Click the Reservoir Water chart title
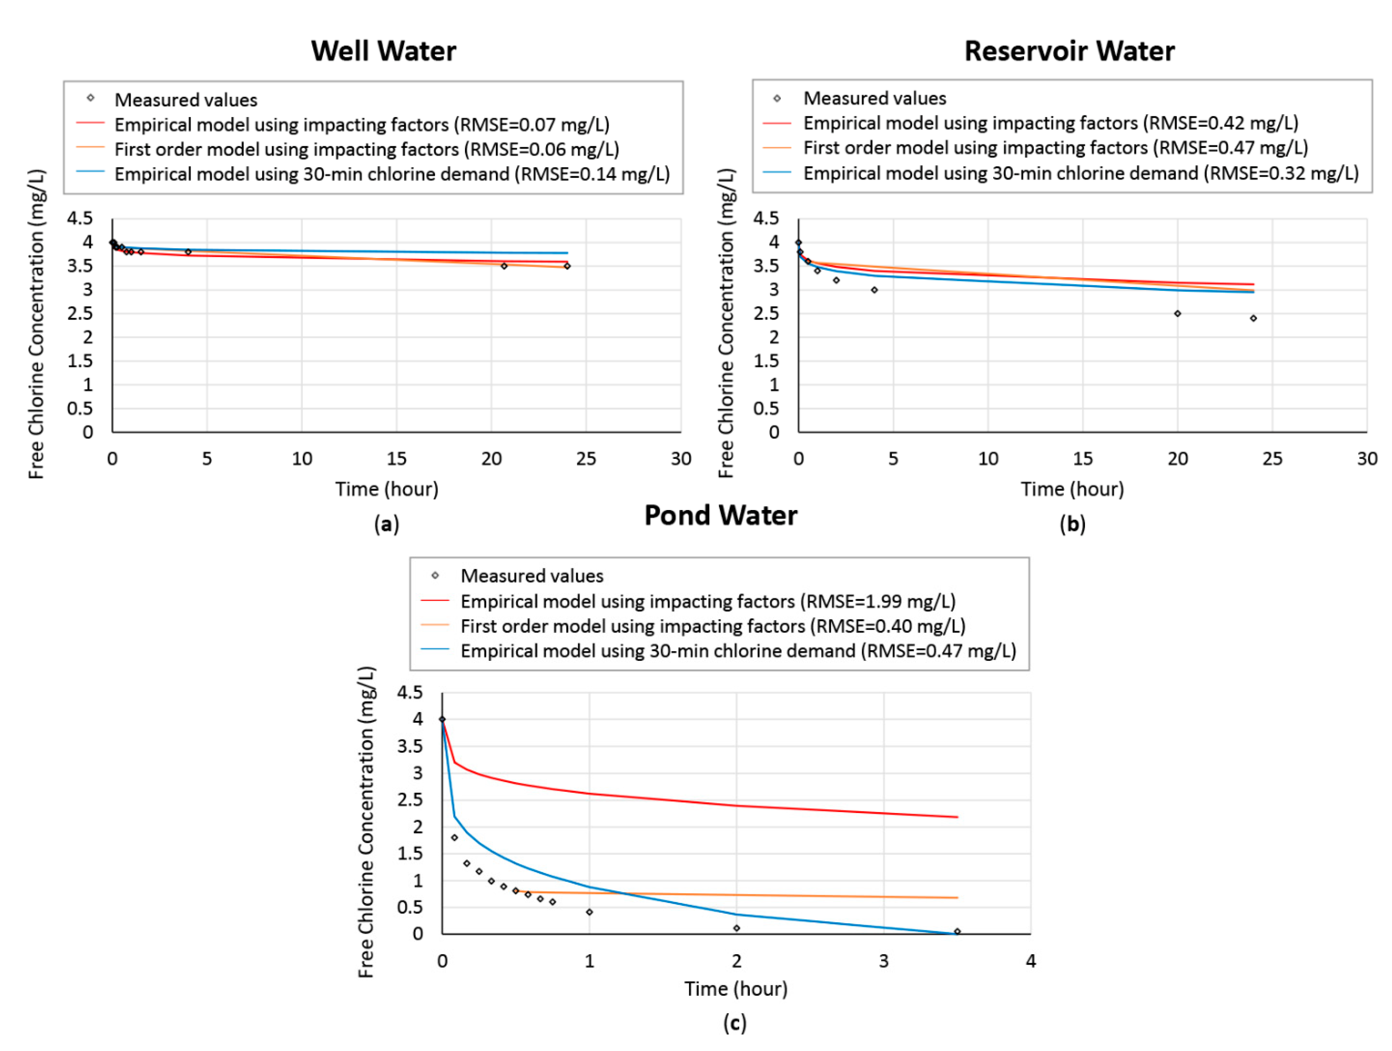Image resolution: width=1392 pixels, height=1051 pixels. pos(1069,51)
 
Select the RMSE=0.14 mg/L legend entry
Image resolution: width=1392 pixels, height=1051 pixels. pos(391,174)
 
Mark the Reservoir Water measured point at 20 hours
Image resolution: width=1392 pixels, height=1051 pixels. pos(1177,313)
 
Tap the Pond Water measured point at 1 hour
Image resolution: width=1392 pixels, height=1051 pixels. pos(589,912)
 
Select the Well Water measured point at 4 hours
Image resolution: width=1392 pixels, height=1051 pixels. pos(188,252)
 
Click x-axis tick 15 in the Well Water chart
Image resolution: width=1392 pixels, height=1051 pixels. pos(396,459)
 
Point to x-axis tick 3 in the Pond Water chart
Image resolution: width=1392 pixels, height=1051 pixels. pos(884,961)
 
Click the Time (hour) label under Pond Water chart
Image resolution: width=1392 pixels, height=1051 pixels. pos(736,989)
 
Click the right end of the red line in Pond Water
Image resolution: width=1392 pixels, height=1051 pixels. pos(957,817)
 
